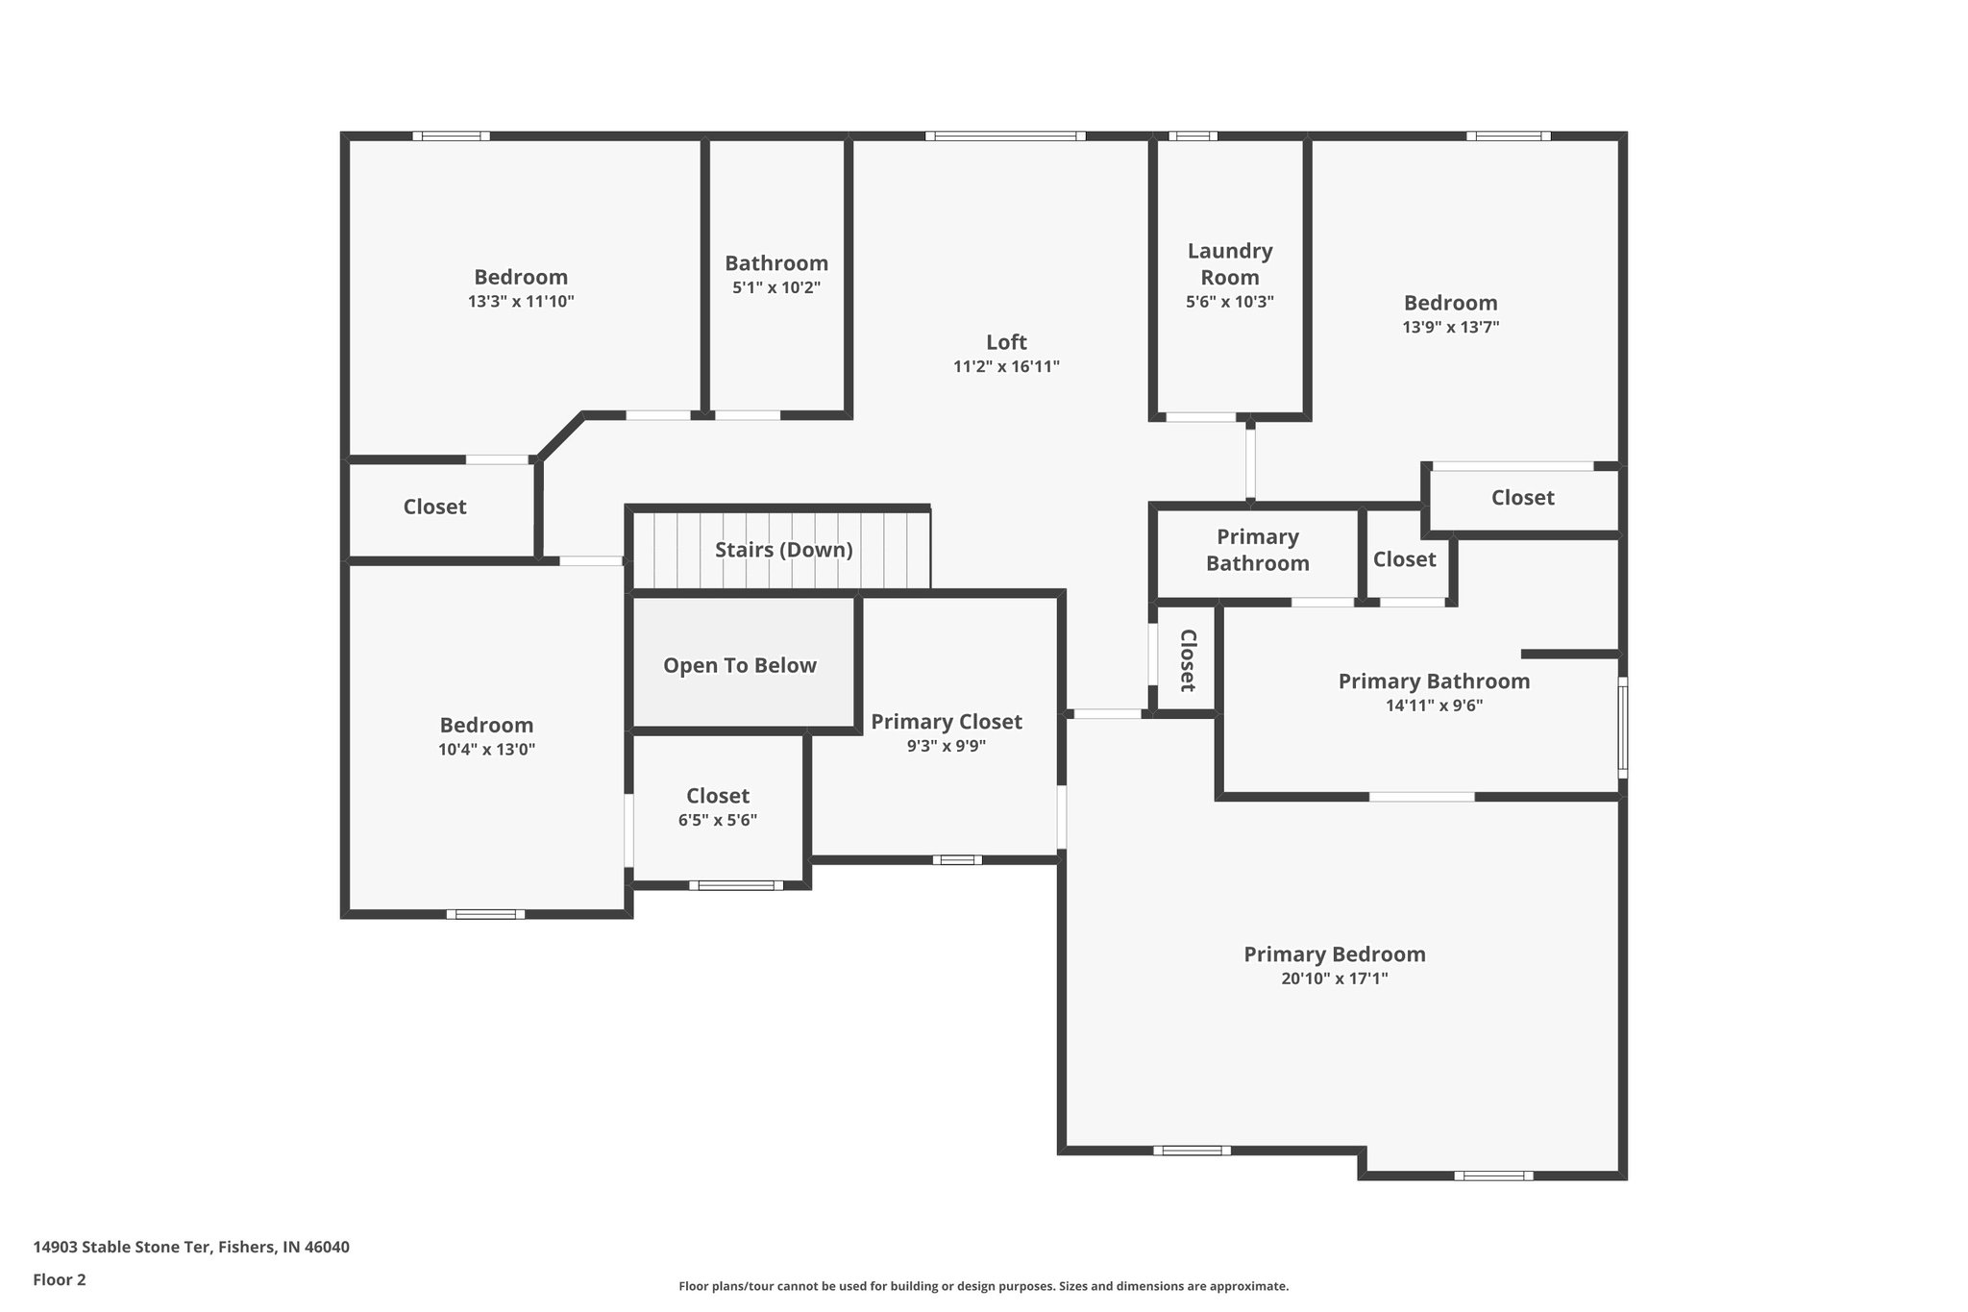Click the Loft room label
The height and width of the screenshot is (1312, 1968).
coord(1006,342)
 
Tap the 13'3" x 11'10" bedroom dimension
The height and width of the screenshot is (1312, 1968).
coord(521,301)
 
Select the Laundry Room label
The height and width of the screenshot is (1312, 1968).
coord(1230,264)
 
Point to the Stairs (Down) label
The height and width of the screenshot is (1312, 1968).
coord(783,550)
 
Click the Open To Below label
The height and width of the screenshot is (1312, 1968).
coord(740,665)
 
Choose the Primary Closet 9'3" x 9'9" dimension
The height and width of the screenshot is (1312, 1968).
coord(947,746)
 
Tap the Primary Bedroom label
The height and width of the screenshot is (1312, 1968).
coord(1335,954)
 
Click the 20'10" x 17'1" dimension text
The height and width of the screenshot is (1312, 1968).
coord(1335,979)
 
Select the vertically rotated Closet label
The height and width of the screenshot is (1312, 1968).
coord(1188,660)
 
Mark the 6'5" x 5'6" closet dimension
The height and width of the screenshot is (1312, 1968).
coord(718,821)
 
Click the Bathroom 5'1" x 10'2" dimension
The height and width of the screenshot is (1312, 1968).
coord(776,287)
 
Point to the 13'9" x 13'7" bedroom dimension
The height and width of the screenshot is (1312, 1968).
coord(1451,327)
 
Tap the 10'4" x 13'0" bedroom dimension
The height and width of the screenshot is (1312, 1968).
coord(487,750)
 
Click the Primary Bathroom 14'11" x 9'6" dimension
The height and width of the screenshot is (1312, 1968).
coord(1434,706)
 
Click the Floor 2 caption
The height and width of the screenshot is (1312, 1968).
coord(60,1279)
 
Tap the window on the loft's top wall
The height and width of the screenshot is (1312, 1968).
coord(1005,136)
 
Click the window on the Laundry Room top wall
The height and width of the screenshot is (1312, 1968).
coord(1193,136)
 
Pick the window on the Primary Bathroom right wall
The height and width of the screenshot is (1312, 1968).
coord(1622,727)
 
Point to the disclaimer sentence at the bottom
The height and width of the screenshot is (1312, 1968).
coord(983,1286)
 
